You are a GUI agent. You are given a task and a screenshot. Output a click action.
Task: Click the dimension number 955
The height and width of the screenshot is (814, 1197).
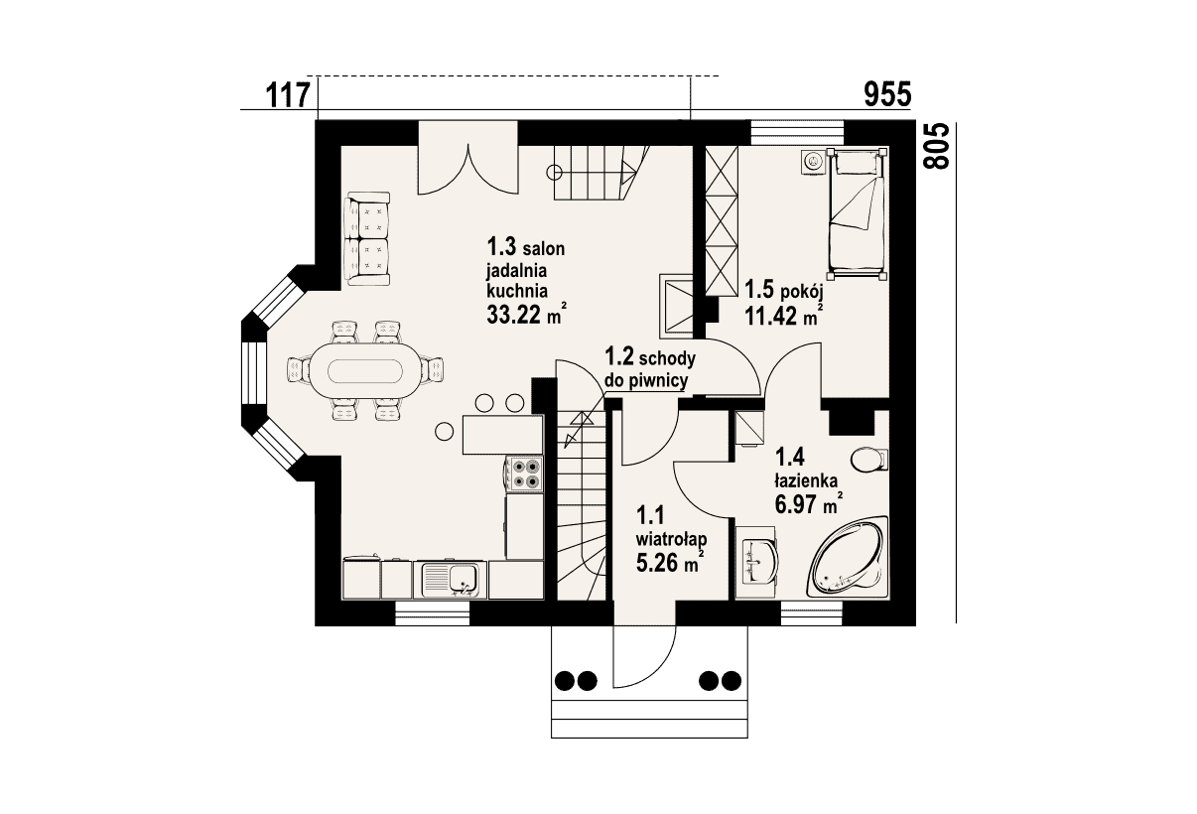pyautogui.click(x=887, y=95)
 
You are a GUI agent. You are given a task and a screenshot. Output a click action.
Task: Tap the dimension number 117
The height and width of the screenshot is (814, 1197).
pyautogui.click(x=288, y=95)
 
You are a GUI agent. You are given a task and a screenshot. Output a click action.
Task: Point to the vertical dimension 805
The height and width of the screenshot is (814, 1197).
pyautogui.click(x=937, y=147)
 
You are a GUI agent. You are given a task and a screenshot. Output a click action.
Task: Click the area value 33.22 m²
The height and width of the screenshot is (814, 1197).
pyautogui.click(x=526, y=315)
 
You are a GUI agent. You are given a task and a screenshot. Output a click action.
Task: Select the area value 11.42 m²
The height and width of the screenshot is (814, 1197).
pyautogui.click(x=783, y=316)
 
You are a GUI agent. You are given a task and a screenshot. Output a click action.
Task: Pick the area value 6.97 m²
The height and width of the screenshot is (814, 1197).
pyautogui.click(x=809, y=503)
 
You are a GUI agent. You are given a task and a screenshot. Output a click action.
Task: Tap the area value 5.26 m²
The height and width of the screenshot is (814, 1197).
pyautogui.click(x=670, y=562)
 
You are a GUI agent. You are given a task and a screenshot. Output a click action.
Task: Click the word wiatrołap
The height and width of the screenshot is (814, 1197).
pyautogui.click(x=671, y=539)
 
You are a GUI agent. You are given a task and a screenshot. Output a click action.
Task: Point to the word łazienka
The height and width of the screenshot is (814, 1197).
pyautogui.click(x=806, y=480)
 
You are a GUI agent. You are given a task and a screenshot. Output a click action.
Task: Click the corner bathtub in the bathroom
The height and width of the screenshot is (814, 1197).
pyautogui.click(x=850, y=558)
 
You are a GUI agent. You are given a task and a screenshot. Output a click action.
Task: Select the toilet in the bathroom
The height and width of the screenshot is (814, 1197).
pyautogui.click(x=868, y=460)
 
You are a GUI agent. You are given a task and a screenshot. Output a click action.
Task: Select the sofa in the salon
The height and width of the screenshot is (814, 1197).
pyautogui.click(x=367, y=239)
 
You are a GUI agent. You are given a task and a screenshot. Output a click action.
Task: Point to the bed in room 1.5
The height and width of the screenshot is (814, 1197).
pyautogui.click(x=857, y=213)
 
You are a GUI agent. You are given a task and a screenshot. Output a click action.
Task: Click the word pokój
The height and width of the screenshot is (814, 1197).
pyautogui.click(x=802, y=292)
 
